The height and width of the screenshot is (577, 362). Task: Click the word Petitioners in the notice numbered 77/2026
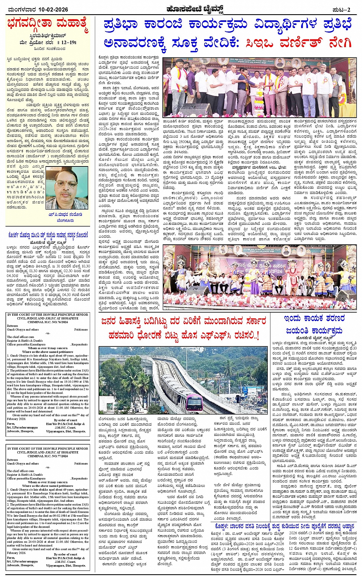point(81,463)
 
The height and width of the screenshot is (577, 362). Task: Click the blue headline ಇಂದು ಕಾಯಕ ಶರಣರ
point(314,318)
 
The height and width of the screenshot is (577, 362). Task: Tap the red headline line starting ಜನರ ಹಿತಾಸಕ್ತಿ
point(183,321)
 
